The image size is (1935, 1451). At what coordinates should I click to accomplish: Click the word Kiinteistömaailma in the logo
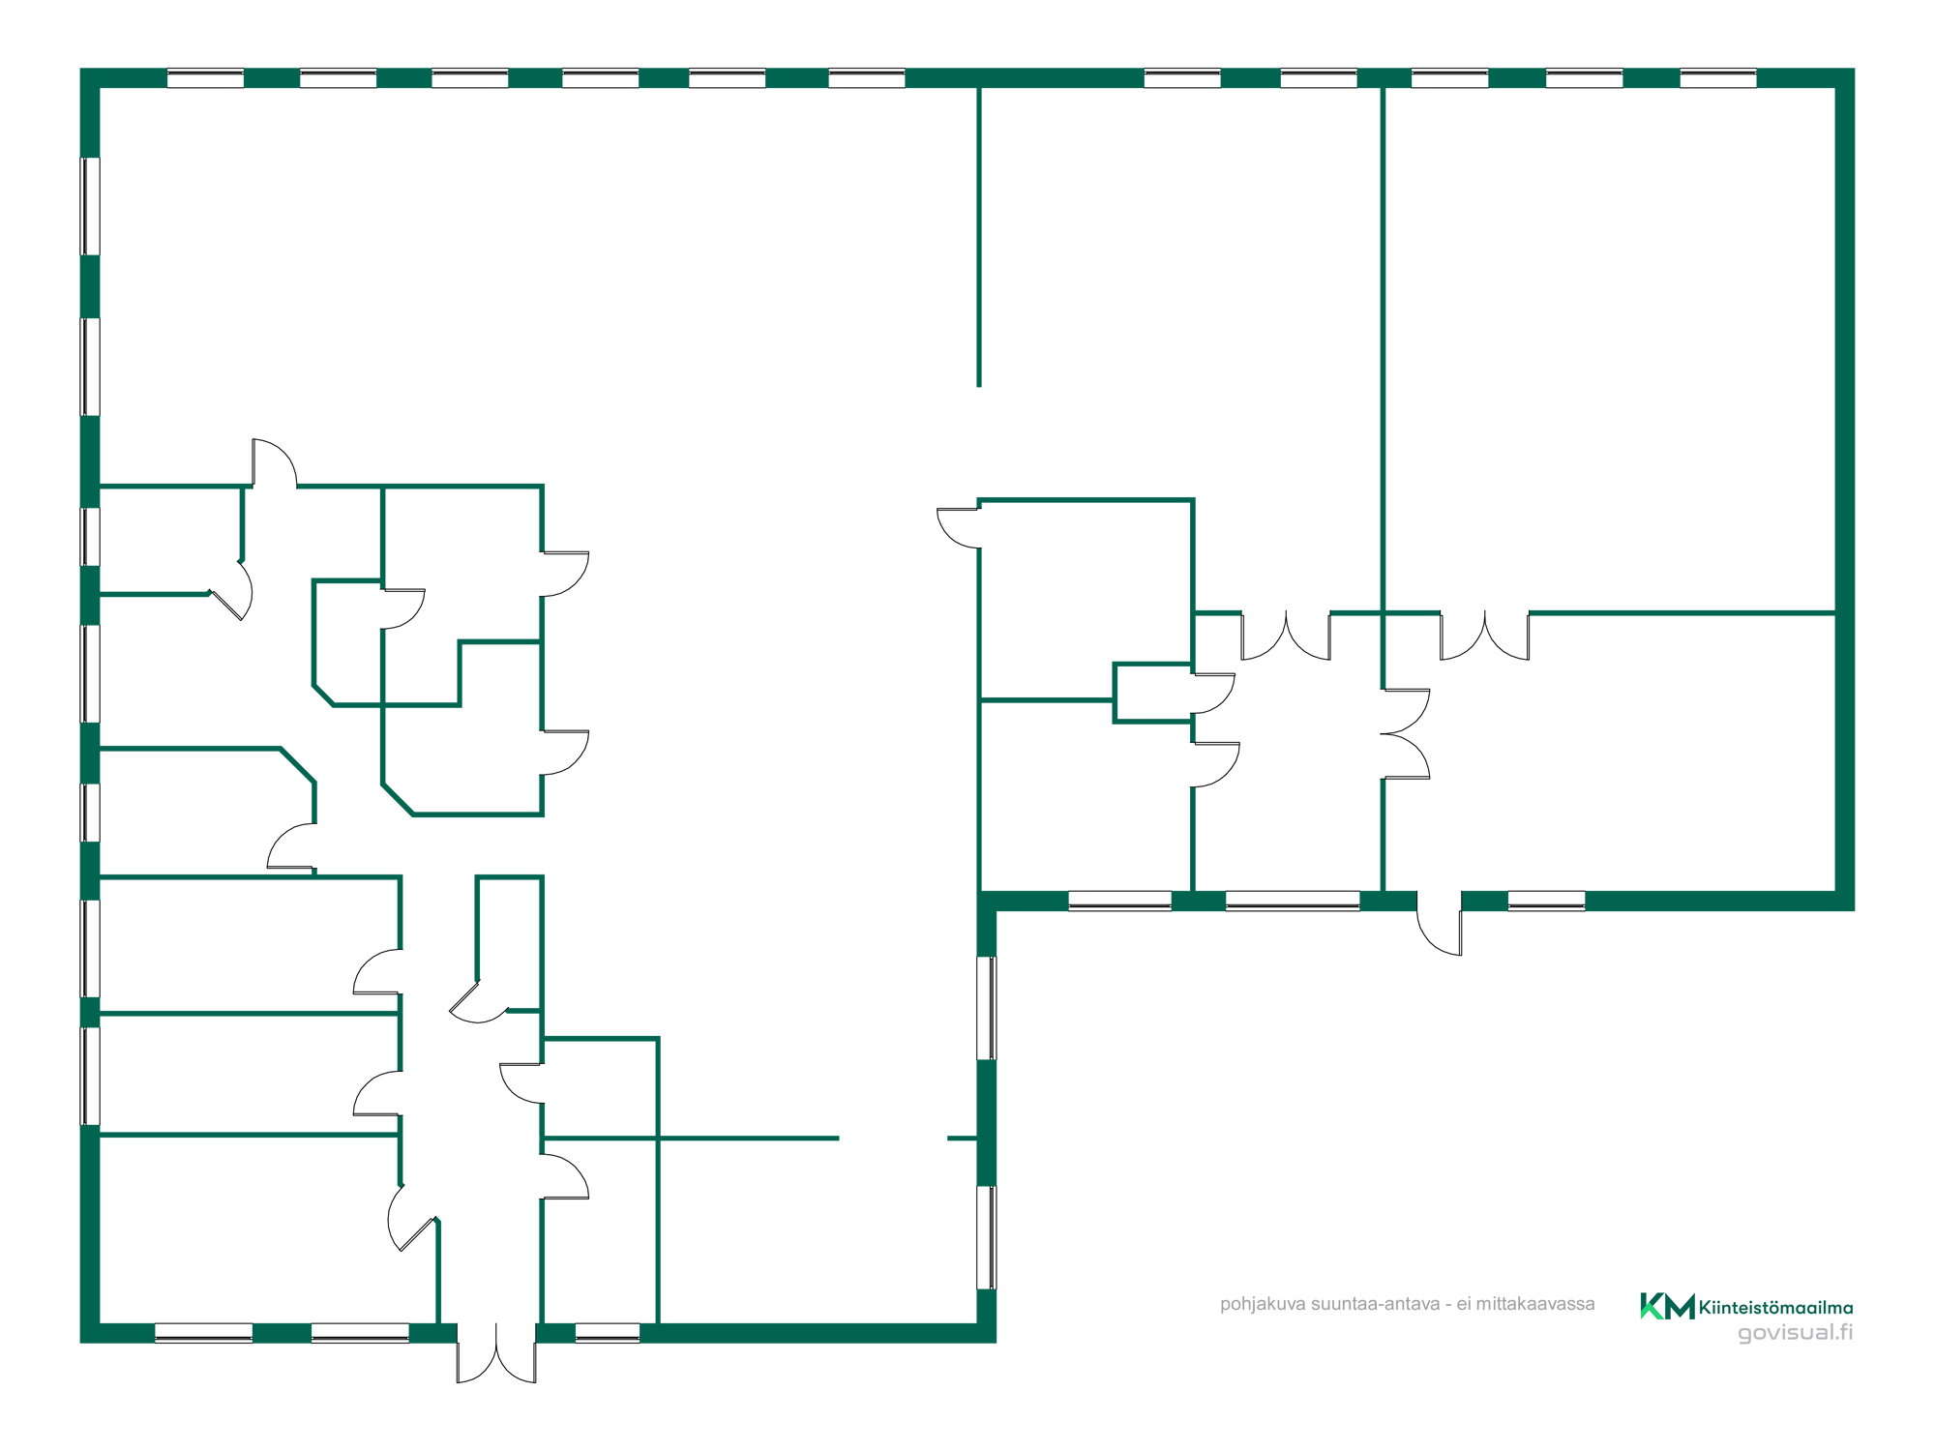pyautogui.click(x=1776, y=1308)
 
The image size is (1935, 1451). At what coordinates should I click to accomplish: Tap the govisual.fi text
pyautogui.click(x=1796, y=1333)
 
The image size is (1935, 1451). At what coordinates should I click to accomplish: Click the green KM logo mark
pyautogui.click(x=1667, y=1306)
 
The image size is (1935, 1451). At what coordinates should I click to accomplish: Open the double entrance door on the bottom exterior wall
pyautogui.click(x=496, y=1352)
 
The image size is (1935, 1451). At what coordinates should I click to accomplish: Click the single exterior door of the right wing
pyautogui.click(x=1440, y=923)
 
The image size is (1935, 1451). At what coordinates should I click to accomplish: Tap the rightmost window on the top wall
pyautogui.click(x=1718, y=78)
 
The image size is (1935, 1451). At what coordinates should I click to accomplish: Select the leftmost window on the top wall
pyautogui.click(x=205, y=78)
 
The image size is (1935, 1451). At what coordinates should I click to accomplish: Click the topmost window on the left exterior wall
pyautogui.click(x=90, y=206)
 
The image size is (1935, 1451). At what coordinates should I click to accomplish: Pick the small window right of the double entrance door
pyautogui.click(x=608, y=1333)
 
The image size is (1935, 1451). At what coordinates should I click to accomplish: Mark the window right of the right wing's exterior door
pyautogui.click(x=1546, y=901)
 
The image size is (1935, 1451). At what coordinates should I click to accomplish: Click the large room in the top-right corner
pyautogui.click(x=1610, y=348)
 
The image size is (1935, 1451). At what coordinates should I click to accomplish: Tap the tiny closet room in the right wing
pyautogui.click(x=1152, y=693)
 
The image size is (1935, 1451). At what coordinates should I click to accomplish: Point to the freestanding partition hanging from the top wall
pyautogui.click(x=979, y=237)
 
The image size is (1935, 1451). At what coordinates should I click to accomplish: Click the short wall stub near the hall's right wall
pyautogui.click(x=962, y=1139)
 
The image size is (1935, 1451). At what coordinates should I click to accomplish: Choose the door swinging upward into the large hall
pyautogui.click(x=275, y=462)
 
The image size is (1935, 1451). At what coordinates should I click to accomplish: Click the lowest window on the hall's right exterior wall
pyautogui.click(x=987, y=1238)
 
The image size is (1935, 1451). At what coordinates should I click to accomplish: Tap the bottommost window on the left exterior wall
pyautogui.click(x=90, y=1077)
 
